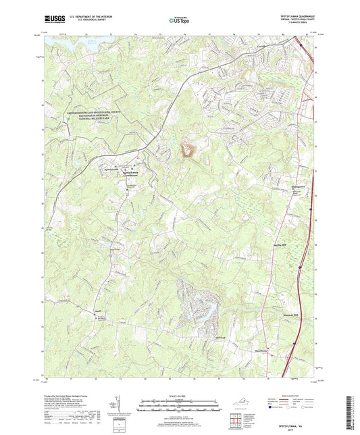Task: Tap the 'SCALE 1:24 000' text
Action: pos(180,396)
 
